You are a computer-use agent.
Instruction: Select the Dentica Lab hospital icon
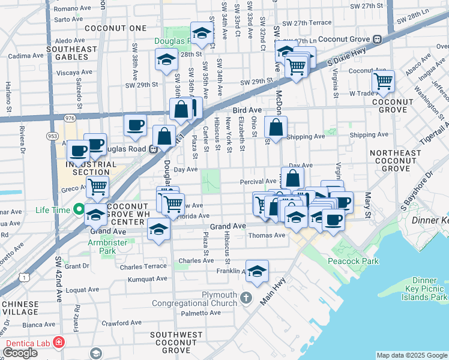pos(59,342)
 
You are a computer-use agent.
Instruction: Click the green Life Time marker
pos(78,209)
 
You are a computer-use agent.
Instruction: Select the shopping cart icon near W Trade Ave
pos(382,81)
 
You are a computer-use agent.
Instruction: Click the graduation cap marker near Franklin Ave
pos(257,271)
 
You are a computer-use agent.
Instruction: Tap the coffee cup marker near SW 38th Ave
pos(135,125)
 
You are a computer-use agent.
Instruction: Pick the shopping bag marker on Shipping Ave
pos(276,127)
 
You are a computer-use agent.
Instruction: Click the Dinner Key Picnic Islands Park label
pos(430,289)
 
